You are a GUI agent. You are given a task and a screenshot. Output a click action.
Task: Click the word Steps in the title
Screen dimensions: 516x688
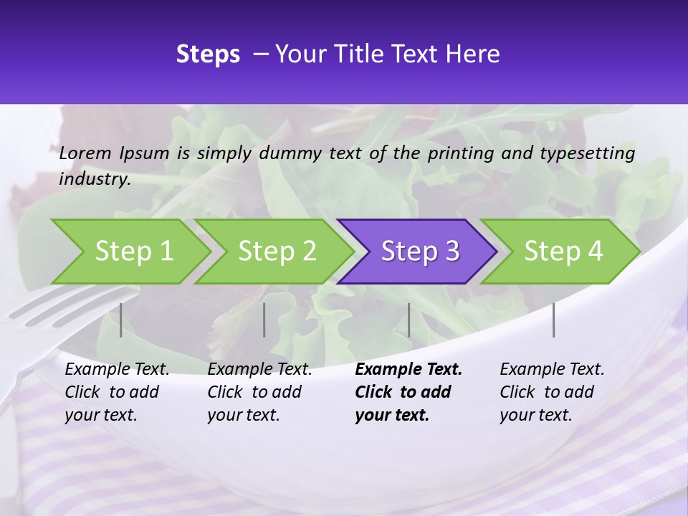tap(208, 54)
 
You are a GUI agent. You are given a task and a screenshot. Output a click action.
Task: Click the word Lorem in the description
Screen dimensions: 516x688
tap(85, 153)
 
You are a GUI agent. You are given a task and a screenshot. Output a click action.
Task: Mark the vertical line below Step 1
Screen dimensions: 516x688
tap(121, 320)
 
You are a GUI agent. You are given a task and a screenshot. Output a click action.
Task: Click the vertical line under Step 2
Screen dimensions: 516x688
tap(264, 320)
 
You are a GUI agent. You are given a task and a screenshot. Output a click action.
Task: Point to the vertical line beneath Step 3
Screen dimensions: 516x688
tap(408, 320)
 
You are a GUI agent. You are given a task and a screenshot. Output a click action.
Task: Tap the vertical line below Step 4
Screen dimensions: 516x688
tap(553, 320)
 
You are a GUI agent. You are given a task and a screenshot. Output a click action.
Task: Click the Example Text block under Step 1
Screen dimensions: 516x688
tap(117, 392)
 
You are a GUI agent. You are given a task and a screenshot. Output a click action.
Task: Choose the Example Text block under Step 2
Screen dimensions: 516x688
tap(259, 392)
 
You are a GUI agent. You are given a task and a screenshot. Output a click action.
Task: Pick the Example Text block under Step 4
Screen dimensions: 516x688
tap(552, 392)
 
